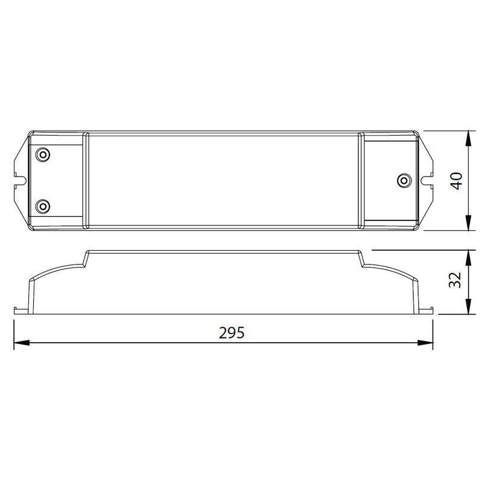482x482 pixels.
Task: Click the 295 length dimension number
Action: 231,333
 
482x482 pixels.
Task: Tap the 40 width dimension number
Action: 456,181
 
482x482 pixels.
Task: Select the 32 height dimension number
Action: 455,280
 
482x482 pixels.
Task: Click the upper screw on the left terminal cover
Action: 43,154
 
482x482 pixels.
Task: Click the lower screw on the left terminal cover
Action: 43,206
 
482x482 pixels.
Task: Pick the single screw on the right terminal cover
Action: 404,180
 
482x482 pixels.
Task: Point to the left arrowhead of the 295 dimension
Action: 22,342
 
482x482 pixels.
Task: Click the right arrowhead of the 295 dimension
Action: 425,342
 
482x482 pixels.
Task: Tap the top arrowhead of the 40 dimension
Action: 468,139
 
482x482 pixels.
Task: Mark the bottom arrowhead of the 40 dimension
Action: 468,222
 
